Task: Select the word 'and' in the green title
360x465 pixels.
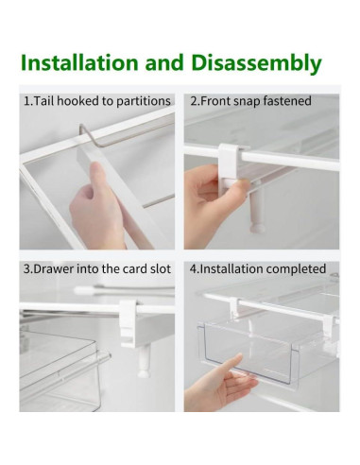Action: click(166, 63)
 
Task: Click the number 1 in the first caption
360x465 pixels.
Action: click(26, 100)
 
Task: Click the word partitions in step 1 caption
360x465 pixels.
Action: click(140, 100)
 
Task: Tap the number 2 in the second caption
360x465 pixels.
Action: click(193, 100)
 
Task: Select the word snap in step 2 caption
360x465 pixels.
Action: click(249, 100)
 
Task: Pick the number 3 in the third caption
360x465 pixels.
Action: click(26, 268)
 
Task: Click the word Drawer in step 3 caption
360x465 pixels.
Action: click(56, 268)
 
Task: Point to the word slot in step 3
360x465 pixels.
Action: click(158, 268)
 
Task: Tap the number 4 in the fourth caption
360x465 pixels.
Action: click(193, 268)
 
